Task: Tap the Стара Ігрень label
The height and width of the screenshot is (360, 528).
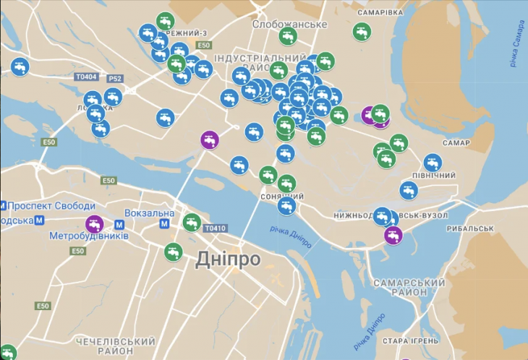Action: [x=411, y=340]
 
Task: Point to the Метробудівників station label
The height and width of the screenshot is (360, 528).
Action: [x=89, y=236]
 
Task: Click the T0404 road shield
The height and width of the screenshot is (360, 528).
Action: [x=85, y=76]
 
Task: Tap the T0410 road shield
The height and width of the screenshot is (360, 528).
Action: [x=215, y=228]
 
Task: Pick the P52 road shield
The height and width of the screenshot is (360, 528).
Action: [x=114, y=78]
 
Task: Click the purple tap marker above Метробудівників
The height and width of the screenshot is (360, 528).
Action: [x=94, y=224]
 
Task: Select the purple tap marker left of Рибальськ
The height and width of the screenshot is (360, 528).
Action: [x=393, y=235]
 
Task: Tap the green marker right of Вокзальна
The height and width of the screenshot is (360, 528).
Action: [x=191, y=222]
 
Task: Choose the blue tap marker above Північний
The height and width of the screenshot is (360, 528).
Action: [x=433, y=162]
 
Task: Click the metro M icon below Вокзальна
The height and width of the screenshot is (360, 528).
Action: [x=164, y=224]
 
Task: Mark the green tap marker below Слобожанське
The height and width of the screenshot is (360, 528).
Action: [x=288, y=37]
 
